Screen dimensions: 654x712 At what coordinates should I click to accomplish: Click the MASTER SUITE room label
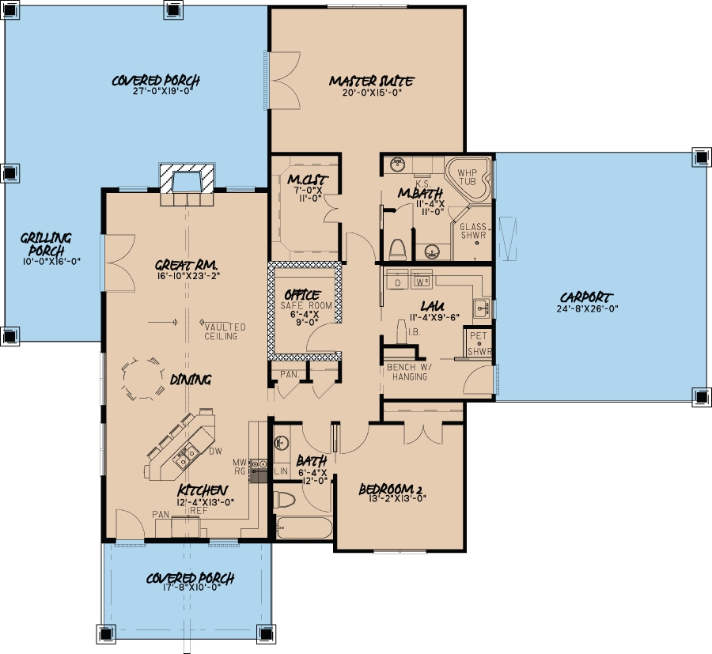371,81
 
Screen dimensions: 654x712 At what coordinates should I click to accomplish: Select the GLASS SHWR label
473,231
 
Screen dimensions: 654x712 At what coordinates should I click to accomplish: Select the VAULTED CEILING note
225,331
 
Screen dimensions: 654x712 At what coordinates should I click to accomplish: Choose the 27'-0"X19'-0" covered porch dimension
155,91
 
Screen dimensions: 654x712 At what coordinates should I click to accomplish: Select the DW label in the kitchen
214,452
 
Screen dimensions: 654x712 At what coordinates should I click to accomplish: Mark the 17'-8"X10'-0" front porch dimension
190,590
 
